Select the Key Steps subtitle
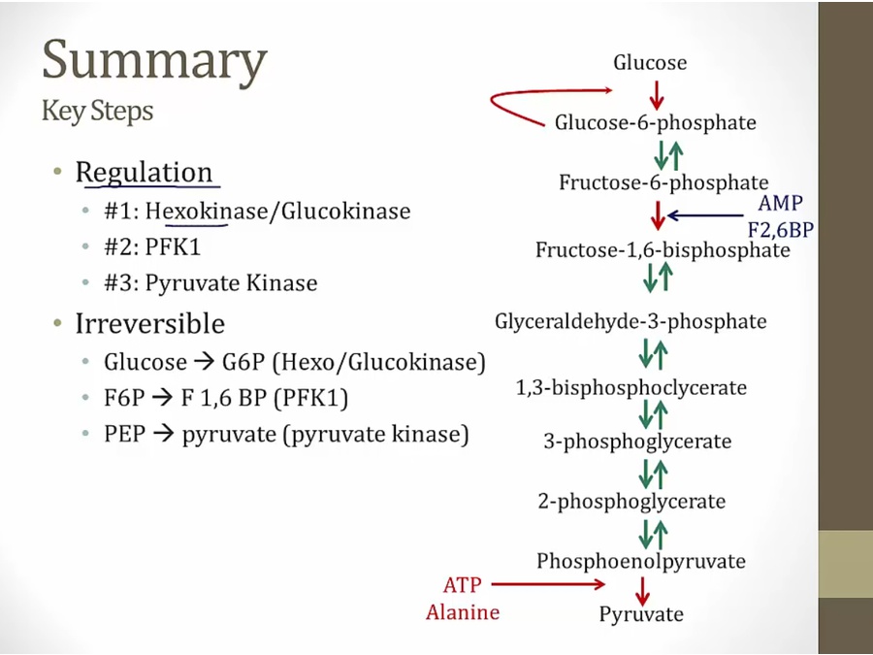coord(97,112)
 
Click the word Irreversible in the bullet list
coord(149,322)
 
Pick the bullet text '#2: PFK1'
coord(152,246)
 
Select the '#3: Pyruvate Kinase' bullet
coord(210,283)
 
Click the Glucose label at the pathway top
coord(650,63)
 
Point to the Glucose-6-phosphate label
coord(656,123)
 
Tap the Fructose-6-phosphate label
coord(663,182)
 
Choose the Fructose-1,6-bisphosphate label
coord(663,250)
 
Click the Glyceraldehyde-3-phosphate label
coord(630,321)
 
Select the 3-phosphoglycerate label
coord(637,442)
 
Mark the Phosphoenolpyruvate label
coord(641,561)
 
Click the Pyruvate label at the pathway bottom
coord(641,613)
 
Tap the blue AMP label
coord(781,205)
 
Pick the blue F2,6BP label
coord(781,230)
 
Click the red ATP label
coord(462,585)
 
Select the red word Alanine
coord(463,612)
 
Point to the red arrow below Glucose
coord(657,94)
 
